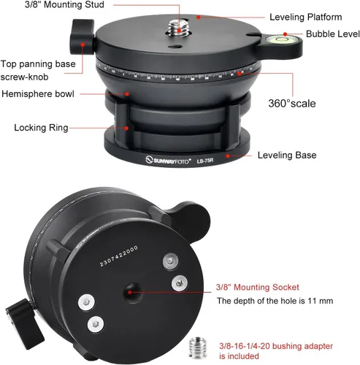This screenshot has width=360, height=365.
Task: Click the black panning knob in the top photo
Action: [82, 36]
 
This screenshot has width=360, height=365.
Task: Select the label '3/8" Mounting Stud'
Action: [64, 4]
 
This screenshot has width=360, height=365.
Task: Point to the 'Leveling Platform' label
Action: [306, 17]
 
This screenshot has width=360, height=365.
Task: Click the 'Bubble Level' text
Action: [333, 34]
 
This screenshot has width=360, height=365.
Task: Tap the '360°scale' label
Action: [292, 104]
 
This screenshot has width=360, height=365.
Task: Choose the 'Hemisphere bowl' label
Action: [38, 94]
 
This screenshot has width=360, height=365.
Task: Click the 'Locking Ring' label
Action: [41, 128]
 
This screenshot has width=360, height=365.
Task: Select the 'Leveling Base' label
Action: [287, 155]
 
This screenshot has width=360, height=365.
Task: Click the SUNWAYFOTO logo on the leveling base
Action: [168, 161]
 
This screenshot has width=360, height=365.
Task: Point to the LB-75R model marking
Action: [205, 161]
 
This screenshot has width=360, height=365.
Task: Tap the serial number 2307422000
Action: [119, 255]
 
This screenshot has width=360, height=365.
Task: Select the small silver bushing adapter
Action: [198, 347]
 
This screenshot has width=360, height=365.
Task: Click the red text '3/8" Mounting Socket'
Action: [258, 287]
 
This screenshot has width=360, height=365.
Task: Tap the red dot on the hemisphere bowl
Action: [127, 93]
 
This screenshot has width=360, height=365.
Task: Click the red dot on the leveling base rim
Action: [228, 155]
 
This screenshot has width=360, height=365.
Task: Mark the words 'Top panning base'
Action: [38, 64]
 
